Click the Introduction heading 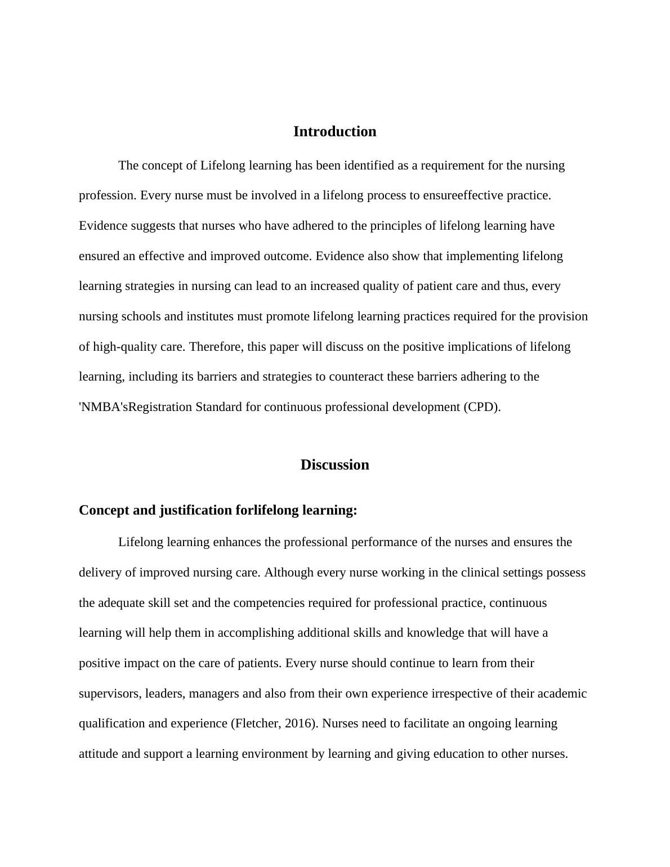coord(334,132)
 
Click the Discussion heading coord(334,465)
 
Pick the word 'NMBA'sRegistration coord(135,407)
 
